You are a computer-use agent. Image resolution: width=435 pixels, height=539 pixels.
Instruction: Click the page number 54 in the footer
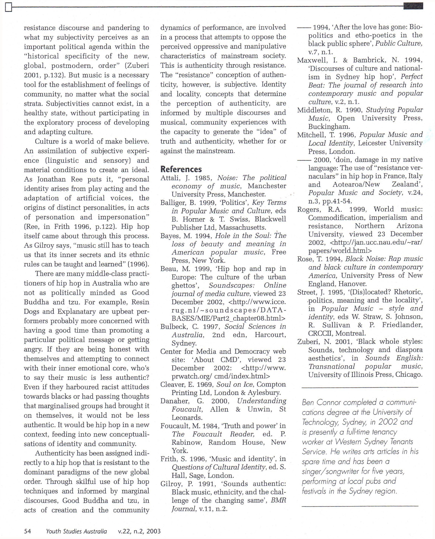(27, 531)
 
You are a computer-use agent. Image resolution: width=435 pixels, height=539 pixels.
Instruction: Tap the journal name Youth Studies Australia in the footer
(76, 531)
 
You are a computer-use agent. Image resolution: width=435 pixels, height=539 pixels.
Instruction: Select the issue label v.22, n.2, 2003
(139, 531)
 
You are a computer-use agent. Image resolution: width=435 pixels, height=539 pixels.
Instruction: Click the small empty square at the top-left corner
(9, 8)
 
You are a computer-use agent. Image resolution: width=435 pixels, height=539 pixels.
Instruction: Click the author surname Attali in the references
(169, 178)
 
